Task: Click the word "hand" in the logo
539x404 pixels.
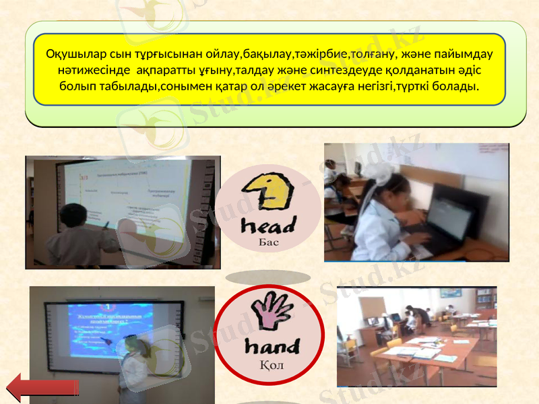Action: pos(272,346)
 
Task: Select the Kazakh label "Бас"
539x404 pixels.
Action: pos(269,240)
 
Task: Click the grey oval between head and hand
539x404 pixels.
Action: pos(268,277)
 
